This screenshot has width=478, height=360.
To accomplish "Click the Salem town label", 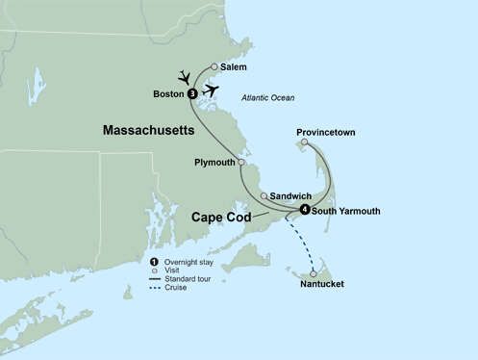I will point(233,67).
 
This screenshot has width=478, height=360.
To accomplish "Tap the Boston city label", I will point(168,93).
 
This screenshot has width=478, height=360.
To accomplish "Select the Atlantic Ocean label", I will point(268,98).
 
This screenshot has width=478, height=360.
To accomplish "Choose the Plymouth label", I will point(214,163).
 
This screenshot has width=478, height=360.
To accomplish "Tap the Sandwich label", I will point(290,195).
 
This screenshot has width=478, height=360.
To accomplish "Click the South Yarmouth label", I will point(346,211).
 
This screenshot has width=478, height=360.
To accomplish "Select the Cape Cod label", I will point(221,218).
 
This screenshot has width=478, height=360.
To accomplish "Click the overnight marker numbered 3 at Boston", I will point(192,93).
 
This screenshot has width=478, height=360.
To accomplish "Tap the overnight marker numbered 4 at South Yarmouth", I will point(304,210).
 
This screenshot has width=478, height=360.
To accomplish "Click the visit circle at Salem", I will point(214,67).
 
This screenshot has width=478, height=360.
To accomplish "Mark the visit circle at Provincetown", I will point(304,142).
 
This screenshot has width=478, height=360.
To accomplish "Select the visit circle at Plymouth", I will point(241,163).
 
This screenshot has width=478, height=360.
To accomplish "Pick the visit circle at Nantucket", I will point(314,273).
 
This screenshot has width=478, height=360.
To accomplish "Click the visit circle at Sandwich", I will point(264,195).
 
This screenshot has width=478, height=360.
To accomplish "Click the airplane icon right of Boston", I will point(211,90).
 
